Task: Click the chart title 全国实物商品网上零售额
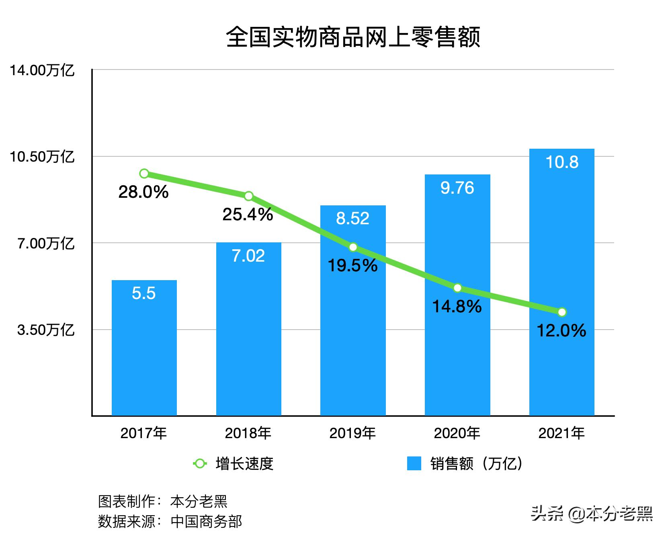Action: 353,37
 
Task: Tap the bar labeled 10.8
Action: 561,281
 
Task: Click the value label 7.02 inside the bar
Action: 248,256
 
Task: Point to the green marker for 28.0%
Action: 144,174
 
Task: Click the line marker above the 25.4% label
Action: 248,196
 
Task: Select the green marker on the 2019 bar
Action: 353,247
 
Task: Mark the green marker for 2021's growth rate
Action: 562,312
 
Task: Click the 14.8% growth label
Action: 457,307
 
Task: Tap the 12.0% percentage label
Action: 561,331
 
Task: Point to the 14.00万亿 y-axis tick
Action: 42,70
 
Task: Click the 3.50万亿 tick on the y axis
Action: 45,330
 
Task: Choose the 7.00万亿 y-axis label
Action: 45,244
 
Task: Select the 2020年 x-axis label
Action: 457,433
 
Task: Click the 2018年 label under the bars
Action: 248,433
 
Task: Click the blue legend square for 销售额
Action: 414,463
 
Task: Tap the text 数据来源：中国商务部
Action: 170,521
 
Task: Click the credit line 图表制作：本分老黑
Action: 163,501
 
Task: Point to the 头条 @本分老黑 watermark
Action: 592,514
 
